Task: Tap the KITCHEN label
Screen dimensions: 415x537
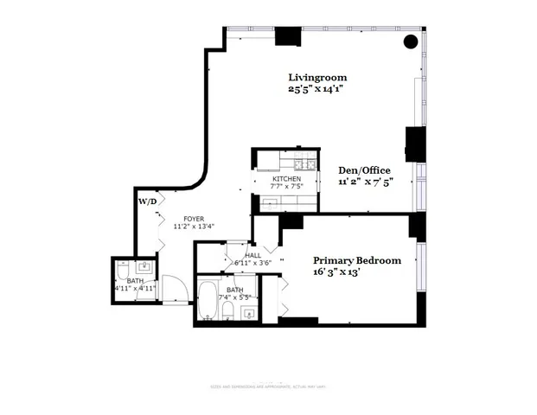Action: tap(286, 178)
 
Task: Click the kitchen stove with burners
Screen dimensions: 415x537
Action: tap(303, 164)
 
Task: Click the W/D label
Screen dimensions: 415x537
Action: tap(148, 201)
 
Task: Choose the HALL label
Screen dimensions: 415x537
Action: tap(253, 255)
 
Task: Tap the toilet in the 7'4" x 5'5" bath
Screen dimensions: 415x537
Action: tap(227, 309)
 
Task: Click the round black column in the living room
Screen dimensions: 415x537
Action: tap(412, 41)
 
